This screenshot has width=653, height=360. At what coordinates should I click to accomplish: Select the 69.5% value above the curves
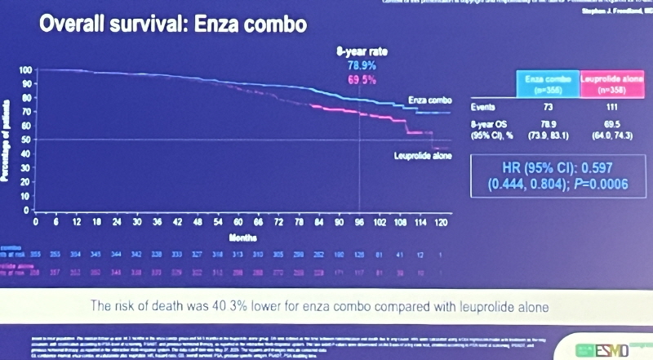(361, 79)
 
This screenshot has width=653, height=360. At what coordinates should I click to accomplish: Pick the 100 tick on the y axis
(25, 71)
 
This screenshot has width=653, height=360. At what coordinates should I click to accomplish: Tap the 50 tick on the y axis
(26, 140)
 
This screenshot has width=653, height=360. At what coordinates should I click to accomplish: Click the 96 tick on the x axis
(359, 221)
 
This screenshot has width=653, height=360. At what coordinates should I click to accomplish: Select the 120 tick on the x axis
(442, 221)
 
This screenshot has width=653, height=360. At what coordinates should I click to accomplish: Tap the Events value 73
(549, 107)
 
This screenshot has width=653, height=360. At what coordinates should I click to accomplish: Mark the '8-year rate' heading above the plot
(362, 51)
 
